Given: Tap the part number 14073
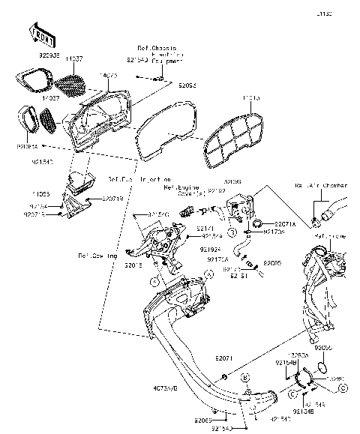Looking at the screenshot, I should coord(109,76).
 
